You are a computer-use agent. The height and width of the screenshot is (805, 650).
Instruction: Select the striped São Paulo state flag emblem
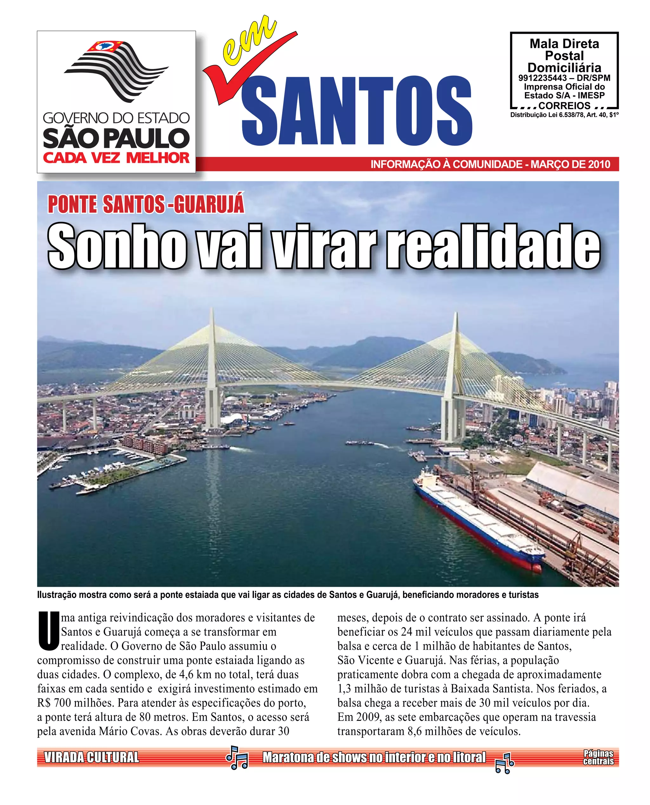point(116,69)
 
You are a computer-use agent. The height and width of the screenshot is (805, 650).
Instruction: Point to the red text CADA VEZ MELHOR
point(116,158)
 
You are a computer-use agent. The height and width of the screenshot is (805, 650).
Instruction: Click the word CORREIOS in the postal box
point(564,106)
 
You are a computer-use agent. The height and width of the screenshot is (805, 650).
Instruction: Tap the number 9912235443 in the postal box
point(542,78)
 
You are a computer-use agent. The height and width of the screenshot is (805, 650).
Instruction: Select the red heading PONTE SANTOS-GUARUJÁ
point(146,204)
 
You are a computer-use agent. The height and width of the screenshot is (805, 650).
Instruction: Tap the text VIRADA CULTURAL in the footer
point(91,757)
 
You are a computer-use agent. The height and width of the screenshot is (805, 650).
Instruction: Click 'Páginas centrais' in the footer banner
point(598,757)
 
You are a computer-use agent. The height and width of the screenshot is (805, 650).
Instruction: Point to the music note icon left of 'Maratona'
point(237,757)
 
